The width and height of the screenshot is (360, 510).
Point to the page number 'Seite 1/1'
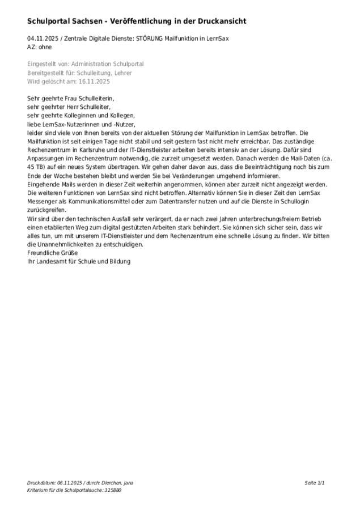point(315,483)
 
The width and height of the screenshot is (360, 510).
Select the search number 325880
point(111,490)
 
